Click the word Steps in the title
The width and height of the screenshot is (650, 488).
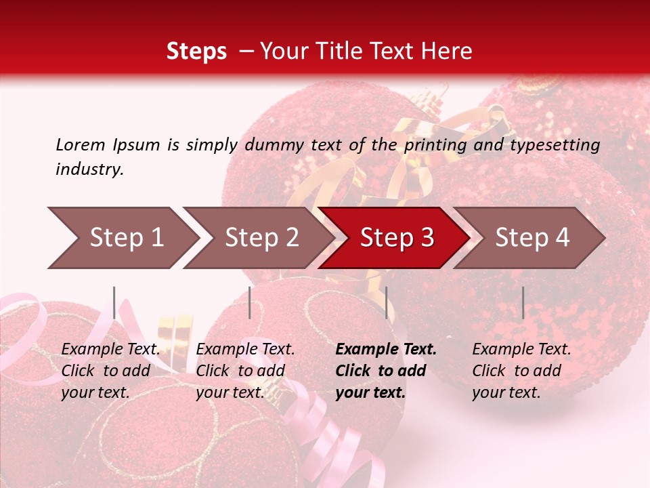(196, 52)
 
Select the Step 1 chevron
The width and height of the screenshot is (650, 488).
(122, 238)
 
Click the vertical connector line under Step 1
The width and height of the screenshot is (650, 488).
(114, 302)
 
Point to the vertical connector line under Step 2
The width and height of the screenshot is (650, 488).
(250, 302)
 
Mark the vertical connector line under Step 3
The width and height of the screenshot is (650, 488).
(387, 302)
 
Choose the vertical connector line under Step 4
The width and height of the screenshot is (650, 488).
(523, 302)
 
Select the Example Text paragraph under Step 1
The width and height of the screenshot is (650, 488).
(110, 371)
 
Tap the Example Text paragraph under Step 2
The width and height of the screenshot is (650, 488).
(245, 371)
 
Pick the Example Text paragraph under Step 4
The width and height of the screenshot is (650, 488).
(521, 371)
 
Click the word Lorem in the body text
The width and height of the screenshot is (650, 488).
(81, 145)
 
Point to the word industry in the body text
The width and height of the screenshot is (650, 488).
(89, 169)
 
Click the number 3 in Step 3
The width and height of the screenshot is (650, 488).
(427, 238)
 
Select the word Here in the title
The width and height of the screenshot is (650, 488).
(451, 52)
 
